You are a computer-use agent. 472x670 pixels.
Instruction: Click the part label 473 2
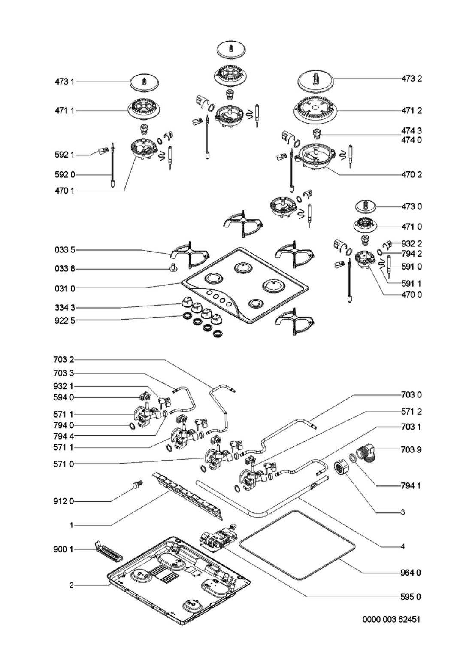point(411,79)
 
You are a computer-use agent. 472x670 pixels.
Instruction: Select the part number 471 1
point(64,111)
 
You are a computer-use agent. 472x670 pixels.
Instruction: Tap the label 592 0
point(65,174)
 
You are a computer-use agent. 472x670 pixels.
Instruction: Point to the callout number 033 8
point(65,269)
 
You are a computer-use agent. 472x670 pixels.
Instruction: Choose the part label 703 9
point(411,449)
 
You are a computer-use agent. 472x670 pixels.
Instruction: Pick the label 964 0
point(411,573)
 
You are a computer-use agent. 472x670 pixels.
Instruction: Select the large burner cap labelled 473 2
point(315,82)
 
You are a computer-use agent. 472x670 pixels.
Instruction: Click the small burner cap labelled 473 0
point(365,207)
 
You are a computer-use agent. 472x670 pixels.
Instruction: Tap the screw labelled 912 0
point(138,485)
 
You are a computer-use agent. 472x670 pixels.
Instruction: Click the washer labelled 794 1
point(352,457)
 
